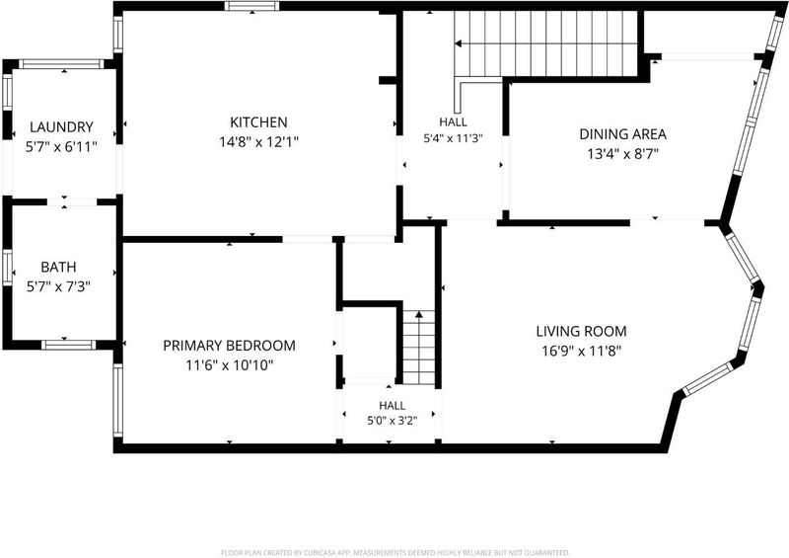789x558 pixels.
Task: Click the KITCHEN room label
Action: (x=258, y=122)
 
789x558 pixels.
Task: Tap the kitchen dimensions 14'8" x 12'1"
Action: (x=258, y=142)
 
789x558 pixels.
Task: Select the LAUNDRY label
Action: (x=61, y=127)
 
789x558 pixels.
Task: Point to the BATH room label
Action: (x=58, y=267)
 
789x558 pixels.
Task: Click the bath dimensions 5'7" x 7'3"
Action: (x=58, y=286)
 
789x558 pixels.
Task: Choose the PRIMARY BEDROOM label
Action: (x=229, y=346)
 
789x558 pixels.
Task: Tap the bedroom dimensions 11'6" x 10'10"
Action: (x=230, y=365)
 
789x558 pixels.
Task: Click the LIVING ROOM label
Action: (x=581, y=331)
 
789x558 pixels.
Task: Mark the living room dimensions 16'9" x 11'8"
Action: (x=581, y=351)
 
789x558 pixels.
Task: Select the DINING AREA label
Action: (x=623, y=134)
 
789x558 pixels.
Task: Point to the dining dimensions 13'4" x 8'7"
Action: (x=623, y=154)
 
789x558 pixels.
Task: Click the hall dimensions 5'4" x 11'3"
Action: (x=453, y=138)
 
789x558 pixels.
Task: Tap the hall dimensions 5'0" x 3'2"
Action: (x=393, y=421)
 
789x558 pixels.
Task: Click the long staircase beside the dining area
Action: (x=546, y=43)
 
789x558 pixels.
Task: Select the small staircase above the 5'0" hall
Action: (x=418, y=348)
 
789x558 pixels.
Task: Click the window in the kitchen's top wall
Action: (x=251, y=6)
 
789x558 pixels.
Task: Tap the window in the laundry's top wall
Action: (x=61, y=64)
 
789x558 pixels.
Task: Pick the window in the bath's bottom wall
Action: (x=68, y=345)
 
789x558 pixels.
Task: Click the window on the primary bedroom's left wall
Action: (x=117, y=401)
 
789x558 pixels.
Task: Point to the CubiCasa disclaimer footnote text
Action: (x=395, y=553)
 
